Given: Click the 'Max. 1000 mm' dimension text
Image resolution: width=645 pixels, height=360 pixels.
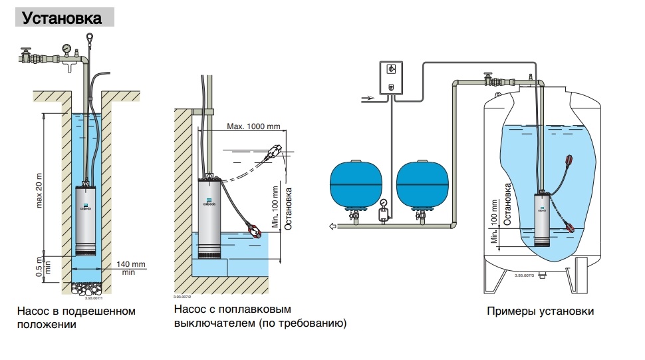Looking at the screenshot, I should pos(253,126).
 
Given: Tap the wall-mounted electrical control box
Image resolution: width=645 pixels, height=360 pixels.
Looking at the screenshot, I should pos(391,77).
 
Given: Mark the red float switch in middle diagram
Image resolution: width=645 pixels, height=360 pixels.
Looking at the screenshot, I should pos(253,229).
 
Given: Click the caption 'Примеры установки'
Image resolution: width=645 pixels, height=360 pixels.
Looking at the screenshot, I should pos(540,311).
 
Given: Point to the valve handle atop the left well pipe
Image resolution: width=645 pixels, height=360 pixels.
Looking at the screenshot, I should pos(27,51).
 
